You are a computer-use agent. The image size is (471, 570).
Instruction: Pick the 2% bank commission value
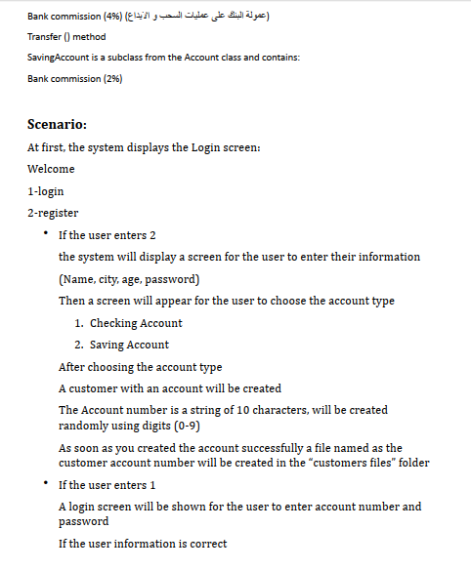coord(111,78)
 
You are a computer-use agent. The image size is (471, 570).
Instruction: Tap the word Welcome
coord(51,169)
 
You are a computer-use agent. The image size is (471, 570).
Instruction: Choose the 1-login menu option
coord(46,191)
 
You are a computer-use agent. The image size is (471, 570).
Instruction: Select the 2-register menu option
coord(53,213)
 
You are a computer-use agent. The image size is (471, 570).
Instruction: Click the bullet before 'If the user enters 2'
coord(44,234)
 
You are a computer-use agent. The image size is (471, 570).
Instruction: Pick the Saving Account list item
coord(129,345)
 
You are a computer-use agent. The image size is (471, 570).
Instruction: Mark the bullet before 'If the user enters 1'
coord(44,484)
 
